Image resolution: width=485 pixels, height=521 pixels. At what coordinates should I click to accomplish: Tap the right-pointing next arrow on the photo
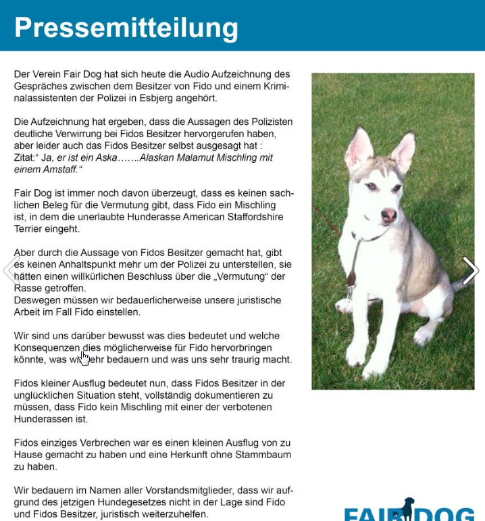470,270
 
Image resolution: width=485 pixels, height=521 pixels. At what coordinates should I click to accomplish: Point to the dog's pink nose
389,215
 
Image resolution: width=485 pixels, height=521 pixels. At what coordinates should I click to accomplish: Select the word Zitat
26,157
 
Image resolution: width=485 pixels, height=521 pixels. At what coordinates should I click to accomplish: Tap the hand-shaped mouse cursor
84,357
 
